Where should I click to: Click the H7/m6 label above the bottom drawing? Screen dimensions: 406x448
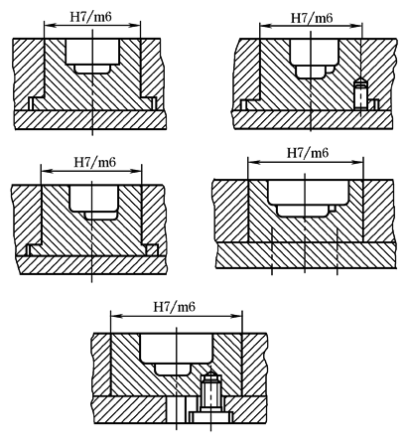[175, 306]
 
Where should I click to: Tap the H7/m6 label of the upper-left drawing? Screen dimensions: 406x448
[90, 16]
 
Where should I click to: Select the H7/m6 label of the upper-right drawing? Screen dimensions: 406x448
[312, 18]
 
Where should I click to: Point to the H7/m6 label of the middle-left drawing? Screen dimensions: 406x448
[94, 162]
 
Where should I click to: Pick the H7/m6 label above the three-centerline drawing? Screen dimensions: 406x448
[308, 153]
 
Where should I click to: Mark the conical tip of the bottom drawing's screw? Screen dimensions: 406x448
[211, 375]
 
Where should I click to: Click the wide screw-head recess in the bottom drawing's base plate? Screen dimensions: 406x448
[211, 417]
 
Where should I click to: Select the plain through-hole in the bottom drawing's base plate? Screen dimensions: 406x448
[177, 409]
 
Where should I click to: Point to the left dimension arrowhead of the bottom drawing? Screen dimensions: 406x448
[116, 317]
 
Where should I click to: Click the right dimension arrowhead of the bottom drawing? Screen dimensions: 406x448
[237, 317]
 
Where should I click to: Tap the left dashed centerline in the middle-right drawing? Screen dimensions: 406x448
[272, 250]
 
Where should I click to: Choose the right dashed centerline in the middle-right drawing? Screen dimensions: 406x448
[337, 250]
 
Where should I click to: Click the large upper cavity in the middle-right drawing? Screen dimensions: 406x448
[308, 192]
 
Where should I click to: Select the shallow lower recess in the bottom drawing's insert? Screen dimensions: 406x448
[173, 370]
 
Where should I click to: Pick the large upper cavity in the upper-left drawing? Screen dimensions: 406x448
[92, 52]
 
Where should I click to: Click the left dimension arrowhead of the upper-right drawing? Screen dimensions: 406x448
[265, 26]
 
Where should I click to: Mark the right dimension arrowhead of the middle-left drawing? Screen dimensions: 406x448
[136, 171]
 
